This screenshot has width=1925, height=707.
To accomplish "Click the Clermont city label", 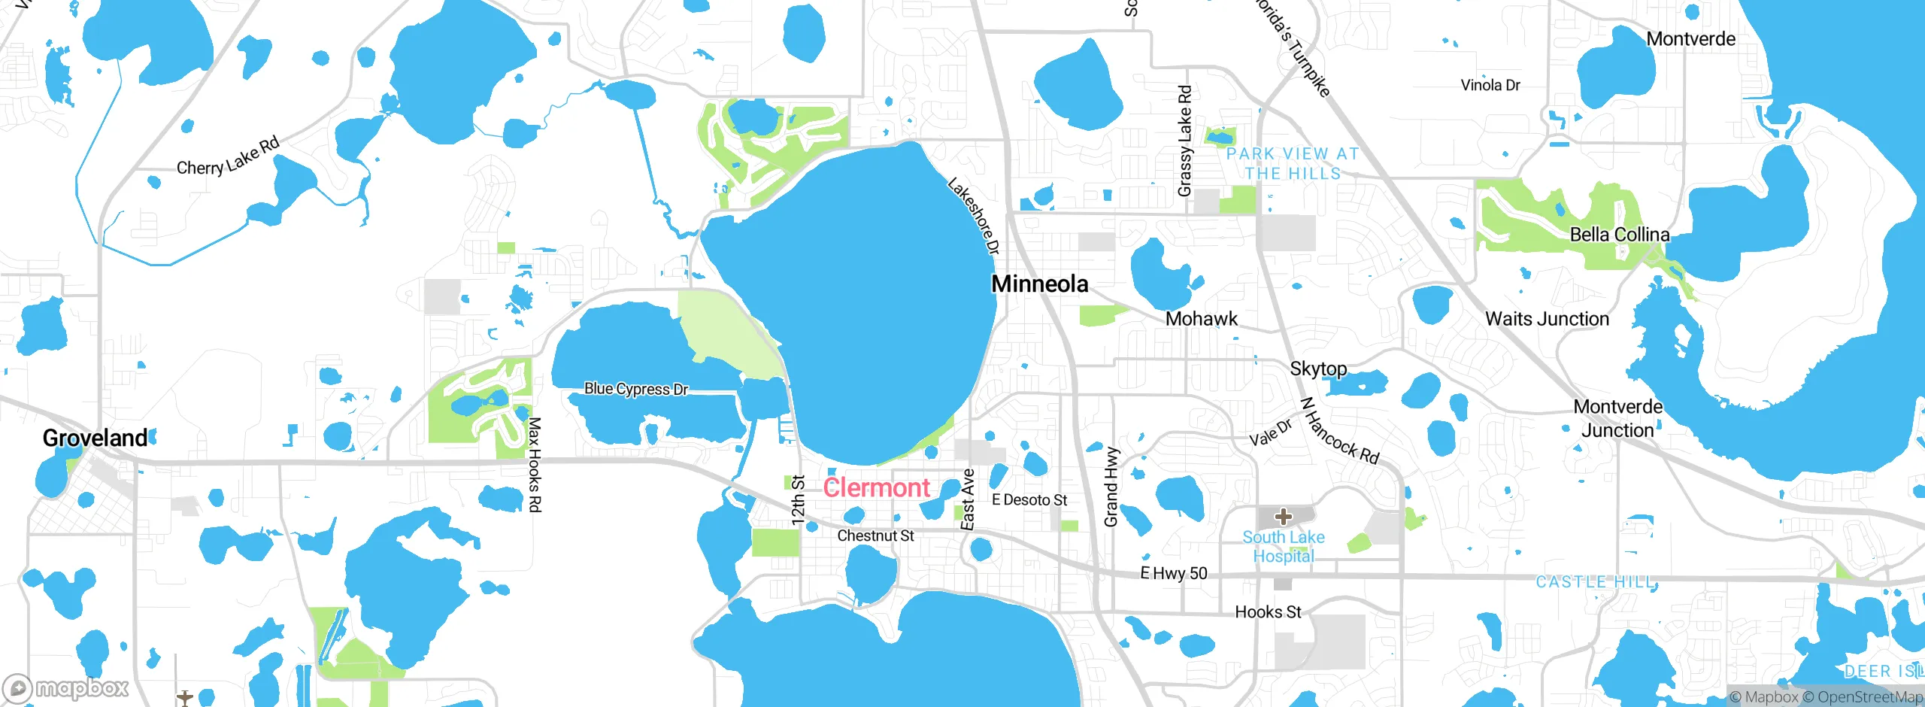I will [877, 487].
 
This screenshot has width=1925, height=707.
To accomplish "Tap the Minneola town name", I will [1040, 284].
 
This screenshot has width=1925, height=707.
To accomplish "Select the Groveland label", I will [95, 438].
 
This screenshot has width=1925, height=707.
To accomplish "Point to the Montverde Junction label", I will [1617, 418].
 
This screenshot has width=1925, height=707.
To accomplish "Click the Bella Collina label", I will [1620, 235].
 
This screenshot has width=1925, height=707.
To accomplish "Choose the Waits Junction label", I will [1547, 319].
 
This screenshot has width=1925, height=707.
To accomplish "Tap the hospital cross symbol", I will [1284, 517].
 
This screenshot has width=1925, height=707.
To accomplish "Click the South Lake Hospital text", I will [1284, 547].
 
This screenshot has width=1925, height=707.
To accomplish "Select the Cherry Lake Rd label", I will [228, 156].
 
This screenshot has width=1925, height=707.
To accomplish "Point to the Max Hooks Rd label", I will [534, 465].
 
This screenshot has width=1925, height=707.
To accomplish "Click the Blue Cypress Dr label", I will [636, 389].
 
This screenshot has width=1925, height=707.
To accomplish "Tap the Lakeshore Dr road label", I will [974, 216].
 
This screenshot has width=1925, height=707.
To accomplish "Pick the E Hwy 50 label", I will [1174, 573].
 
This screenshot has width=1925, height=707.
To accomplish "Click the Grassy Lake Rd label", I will [1184, 141].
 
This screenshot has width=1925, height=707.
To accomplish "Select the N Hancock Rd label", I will [1340, 432].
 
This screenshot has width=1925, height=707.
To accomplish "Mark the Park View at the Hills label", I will [1293, 163].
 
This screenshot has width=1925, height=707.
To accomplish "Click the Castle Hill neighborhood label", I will [1595, 582].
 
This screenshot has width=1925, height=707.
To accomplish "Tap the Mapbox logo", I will [66, 688].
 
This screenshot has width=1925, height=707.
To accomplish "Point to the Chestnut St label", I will [875, 536].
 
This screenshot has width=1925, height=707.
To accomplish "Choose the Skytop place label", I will [1318, 369].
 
